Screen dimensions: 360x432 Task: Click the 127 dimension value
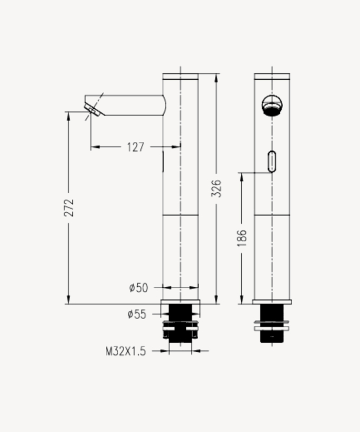tap(136, 147)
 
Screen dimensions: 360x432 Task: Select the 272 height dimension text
tap(69, 208)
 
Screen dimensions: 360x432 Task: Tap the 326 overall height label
tap(216, 188)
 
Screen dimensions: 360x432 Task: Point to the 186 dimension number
tap(242, 238)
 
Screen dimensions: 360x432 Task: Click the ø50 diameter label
tap(138, 288)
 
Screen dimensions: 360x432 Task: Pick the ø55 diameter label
tap(137, 314)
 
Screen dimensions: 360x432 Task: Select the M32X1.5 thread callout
tap(126, 351)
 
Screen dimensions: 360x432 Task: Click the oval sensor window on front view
tap(272, 162)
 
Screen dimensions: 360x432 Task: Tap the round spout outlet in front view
tap(272, 105)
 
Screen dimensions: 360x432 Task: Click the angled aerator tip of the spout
tap(92, 109)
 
